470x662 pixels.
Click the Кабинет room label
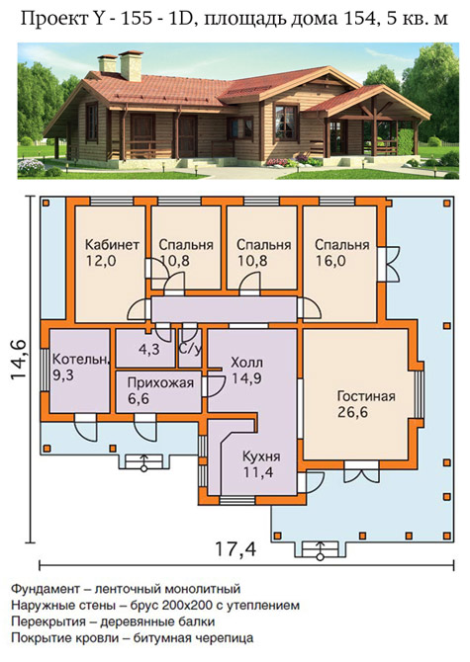[x=112, y=245]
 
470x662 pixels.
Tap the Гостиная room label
[x=366, y=396]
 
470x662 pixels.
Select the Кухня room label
[x=261, y=456]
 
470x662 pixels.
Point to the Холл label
[x=246, y=363]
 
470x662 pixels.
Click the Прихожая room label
[x=160, y=383]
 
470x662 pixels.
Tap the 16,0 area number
[x=330, y=261]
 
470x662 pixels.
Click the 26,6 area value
[x=352, y=412]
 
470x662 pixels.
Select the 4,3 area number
[x=149, y=350]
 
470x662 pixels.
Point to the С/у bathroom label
[x=190, y=350]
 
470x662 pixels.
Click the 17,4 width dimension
[x=235, y=549]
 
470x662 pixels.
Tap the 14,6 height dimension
[x=19, y=360]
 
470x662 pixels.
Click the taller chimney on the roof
[x=131, y=65]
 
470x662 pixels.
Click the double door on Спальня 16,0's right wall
[x=389, y=264]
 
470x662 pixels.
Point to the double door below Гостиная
[x=361, y=471]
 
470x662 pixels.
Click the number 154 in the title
[x=356, y=19]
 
